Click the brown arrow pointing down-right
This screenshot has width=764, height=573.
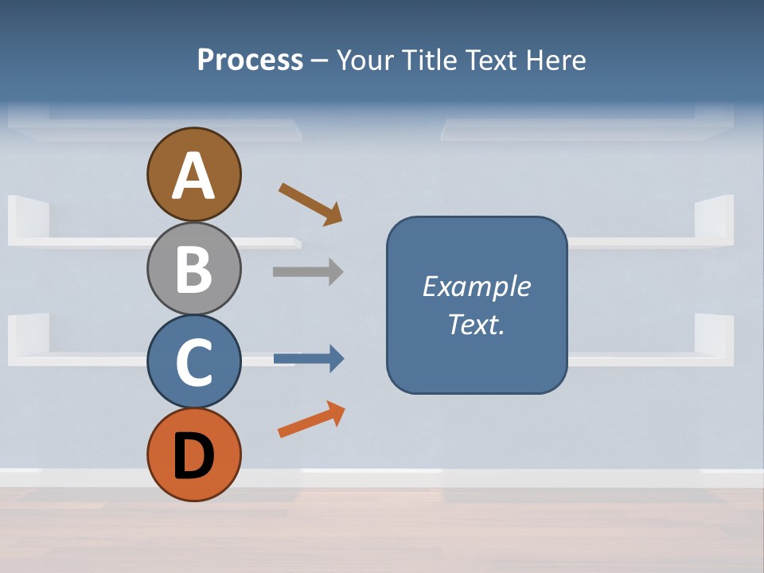(310, 205)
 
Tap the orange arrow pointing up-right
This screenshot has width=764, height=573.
(311, 419)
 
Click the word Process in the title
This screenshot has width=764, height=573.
(250, 60)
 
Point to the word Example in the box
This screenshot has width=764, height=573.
(476, 286)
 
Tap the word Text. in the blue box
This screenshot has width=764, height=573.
(476, 325)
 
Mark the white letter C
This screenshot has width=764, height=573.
(193, 363)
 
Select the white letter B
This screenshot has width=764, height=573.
(193, 269)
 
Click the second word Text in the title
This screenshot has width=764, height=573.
(491, 60)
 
